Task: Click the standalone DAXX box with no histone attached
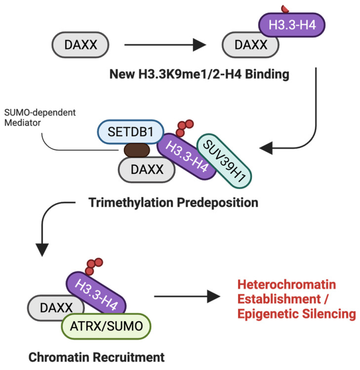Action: coord(80,45)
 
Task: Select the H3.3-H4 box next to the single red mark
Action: coord(292,25)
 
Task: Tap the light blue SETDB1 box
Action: coord(131,132)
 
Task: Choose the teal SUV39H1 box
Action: coord(224,161)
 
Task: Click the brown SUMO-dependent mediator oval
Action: coord(137,150)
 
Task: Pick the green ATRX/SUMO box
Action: coord(106,327)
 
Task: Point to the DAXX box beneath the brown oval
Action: coord(147,169)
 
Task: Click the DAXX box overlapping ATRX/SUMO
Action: coord(56,308)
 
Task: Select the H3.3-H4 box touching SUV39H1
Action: coord(187,157)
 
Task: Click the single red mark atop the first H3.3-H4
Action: coord(285,9)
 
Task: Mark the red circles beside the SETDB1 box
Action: coord(185,128)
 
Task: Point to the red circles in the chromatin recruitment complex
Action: coord(94,266)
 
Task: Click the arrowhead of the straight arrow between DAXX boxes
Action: coord(200,45)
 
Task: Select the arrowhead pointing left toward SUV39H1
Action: coord(266,148)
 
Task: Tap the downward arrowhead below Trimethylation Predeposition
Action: coord(42,250)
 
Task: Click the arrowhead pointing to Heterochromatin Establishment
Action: coord(214,296)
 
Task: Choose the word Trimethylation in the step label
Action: coord(131,203)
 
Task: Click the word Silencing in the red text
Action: coord(329,314)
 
